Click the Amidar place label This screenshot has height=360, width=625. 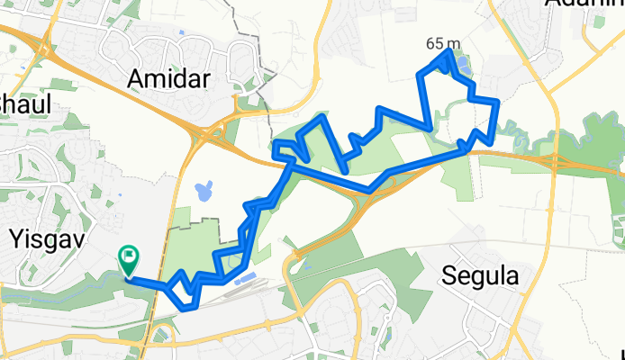tap(169, 79)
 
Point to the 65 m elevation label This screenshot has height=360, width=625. tap(443, 43)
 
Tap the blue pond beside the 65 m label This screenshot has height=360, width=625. tap(464, 65)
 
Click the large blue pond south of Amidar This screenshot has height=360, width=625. tap(204, 191)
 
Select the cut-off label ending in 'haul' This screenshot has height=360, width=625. tap(20, 102)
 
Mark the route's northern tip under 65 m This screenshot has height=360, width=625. tap(448, 54)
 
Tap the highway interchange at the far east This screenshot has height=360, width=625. tap(551, 161)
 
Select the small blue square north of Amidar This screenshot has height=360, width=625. tap(183, 35)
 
